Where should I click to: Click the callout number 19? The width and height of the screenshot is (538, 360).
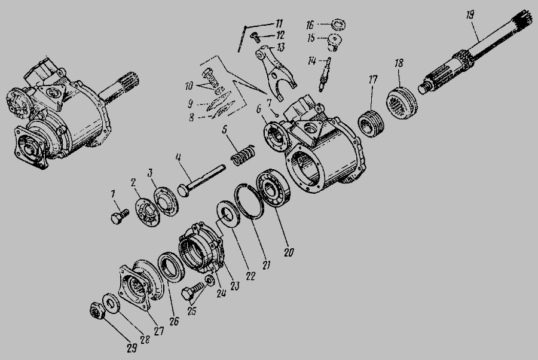coord(470,15)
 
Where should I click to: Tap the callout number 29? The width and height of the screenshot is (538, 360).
coord(132,348)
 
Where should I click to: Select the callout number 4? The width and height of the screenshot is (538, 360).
coord(178,157)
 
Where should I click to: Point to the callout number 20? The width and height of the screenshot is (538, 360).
coord(289,252)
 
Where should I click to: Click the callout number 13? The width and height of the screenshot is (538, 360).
coord(281,47)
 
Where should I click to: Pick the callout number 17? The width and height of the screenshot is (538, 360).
coord(373,80)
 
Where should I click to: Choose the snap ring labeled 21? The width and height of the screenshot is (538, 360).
coord(249,202)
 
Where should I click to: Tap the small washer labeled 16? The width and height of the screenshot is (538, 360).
coord(339,25)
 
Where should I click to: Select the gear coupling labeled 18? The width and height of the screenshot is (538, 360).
coord(402,103)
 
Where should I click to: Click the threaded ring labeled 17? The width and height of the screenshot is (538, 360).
coord(372,123)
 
